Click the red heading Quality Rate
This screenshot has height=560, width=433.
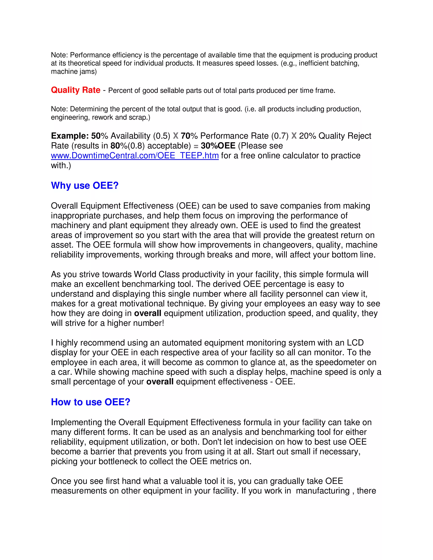click(75, 90)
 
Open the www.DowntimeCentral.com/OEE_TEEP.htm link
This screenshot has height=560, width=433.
click(135, 156)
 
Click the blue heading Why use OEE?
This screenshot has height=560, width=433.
click(85, 185)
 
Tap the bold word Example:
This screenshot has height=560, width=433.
click(70, 136)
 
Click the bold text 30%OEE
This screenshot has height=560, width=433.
click(218, 146)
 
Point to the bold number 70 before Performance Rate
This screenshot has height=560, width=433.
click(185, 136)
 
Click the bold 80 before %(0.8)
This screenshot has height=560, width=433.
click(115, 146)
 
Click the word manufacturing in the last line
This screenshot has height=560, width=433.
click(322, 490)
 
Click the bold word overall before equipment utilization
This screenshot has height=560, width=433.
click(148, 313)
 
